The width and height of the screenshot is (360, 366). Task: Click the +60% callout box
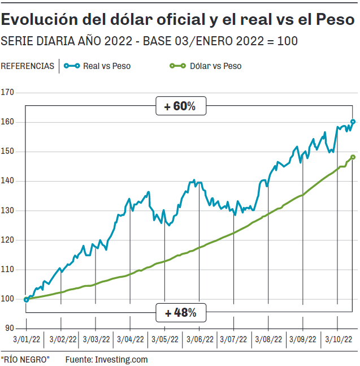(180, 106)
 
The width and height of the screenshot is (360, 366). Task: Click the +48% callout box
(180, 312)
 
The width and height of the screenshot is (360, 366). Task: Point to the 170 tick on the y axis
(9, 93)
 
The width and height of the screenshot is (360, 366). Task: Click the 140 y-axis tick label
(9, 181)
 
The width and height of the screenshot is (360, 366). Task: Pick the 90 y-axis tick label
(11, 328)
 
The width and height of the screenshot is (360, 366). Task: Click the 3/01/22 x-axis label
(26, 339)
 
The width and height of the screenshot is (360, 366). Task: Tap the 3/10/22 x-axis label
(337, 339)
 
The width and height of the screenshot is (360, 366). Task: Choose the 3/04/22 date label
(130, 339)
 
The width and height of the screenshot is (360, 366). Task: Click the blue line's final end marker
(353, 122)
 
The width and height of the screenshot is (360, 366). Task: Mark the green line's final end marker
(353, 157)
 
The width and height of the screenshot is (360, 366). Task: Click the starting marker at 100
(27, 299)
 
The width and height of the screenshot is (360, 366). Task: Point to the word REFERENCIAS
(28, 66)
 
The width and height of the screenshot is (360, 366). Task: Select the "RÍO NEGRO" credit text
(25, 359)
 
